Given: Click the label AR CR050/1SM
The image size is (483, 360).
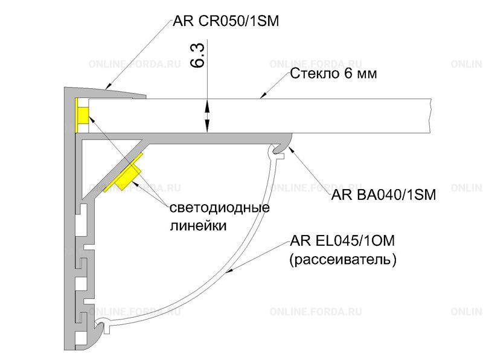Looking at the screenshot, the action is pos(225,21).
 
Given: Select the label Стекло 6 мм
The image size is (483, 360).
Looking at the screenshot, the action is pos(333,74).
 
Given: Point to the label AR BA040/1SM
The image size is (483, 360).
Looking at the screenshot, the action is pos(383,194).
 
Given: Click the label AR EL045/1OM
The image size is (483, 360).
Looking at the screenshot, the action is pos(342,241).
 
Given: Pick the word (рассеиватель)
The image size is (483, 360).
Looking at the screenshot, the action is pos(343,260).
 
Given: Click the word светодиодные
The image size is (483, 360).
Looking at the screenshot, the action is pos(220,207).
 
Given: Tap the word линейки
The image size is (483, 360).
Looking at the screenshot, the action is pos(199,226).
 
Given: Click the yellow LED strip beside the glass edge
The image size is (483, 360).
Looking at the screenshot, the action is pos(82,115).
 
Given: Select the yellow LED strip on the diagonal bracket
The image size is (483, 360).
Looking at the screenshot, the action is pos(123,173).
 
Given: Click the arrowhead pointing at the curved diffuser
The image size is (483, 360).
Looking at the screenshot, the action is pos(229,271).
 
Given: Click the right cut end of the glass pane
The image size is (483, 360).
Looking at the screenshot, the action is pos(430,116).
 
